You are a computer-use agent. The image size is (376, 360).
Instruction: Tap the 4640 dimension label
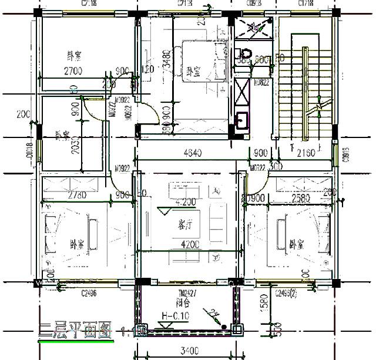tap(193, 154)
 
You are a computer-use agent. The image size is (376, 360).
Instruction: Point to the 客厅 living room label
tap(186, 226)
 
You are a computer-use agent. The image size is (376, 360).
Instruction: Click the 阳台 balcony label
tap(183, 304)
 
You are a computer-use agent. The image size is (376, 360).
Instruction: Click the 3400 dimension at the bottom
tap(189, 352)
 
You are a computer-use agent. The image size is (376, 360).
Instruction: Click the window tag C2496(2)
tap(286, 293)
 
